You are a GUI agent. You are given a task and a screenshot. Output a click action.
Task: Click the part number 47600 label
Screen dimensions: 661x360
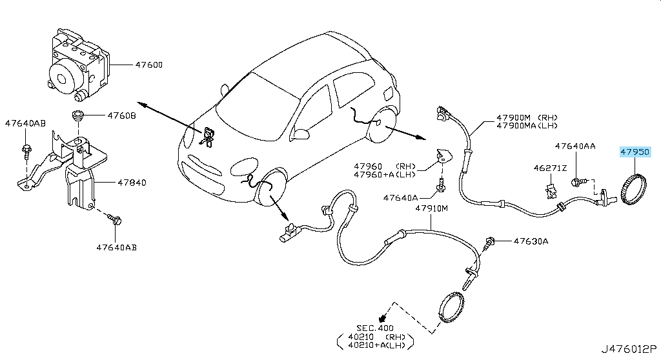pos(149,65)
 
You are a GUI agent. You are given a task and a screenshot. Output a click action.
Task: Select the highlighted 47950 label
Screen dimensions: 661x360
pos(635,152)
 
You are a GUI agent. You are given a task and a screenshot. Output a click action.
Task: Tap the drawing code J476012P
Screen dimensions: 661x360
pos(629,349)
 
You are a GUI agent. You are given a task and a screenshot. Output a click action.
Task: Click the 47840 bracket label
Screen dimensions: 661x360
pos(132,183)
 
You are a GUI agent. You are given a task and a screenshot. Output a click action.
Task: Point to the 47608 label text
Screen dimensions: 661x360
pos(121,115)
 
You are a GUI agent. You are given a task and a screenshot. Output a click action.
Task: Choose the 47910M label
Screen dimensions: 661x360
pos(432,208)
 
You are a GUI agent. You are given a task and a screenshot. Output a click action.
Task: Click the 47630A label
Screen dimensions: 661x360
pos(531,241)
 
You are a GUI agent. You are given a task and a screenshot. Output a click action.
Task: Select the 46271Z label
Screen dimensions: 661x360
pos(550,168)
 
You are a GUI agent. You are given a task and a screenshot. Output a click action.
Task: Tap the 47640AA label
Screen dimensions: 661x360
pos(575,146)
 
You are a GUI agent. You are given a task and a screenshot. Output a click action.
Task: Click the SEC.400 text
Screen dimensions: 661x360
pos(375,328)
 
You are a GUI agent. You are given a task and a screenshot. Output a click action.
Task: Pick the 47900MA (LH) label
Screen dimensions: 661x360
pos(527,126)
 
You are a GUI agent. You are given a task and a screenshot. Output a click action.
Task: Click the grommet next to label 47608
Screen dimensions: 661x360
pos(77,115)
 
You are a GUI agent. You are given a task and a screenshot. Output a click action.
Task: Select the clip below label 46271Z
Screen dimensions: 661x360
pos(551,191)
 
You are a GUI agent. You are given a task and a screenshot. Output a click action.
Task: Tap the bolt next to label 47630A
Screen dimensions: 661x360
pos(489,243)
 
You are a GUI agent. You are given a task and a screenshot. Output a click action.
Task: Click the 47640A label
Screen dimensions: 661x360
pos(400,197)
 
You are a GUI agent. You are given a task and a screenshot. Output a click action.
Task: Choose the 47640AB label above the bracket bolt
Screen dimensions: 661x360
pos(25,123)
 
